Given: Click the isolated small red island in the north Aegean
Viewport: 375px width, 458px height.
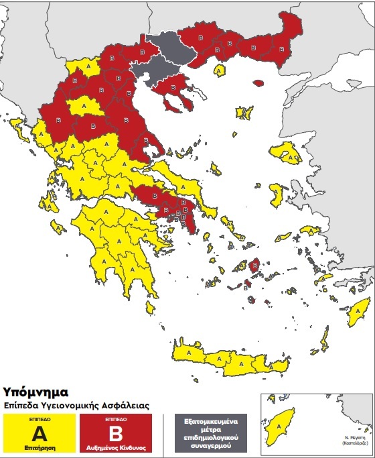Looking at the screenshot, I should (x=258, y=82).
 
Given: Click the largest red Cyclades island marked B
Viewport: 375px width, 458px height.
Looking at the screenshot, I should (x=254, y=268).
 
